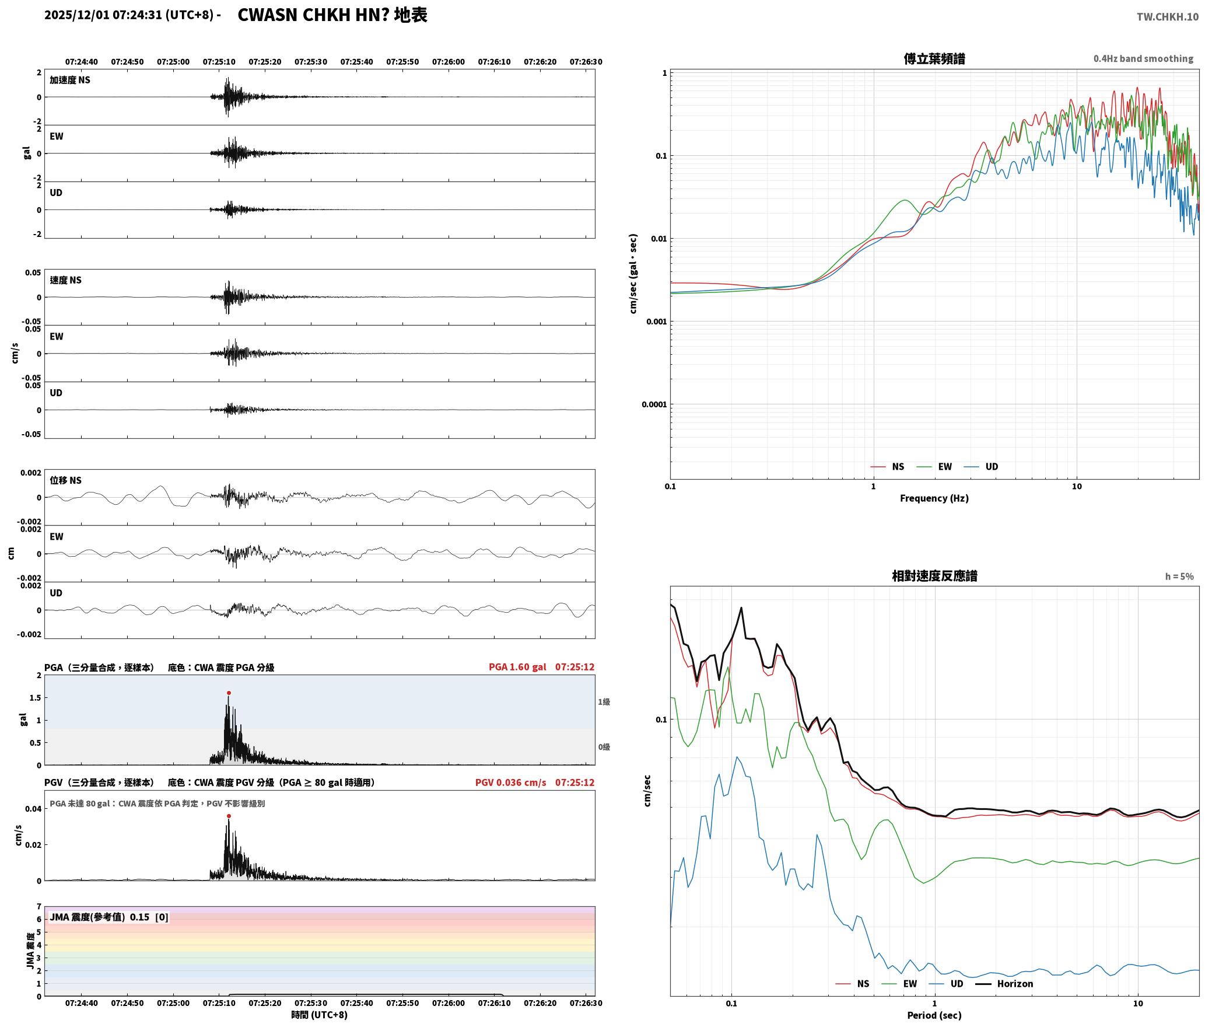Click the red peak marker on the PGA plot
point(229,693)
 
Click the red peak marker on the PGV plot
point(229,816)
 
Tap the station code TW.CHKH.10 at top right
point(1168,16)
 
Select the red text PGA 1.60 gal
point(517,666)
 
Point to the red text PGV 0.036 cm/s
point(510,782)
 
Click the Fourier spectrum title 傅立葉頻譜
point(934,58)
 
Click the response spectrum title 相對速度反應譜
point(934,575)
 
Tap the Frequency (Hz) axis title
point(934,498)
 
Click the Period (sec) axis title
point(934,1015)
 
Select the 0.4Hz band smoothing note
point(1143,58)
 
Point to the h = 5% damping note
point(1179,576)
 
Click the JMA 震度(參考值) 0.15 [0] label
point(109,917)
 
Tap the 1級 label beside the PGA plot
point(604,701)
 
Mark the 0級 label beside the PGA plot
point(604,746)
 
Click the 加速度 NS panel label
point(70,80)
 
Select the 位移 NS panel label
point(65,480)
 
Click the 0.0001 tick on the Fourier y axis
point(654,404)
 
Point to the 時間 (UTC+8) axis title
point(320,1015)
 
